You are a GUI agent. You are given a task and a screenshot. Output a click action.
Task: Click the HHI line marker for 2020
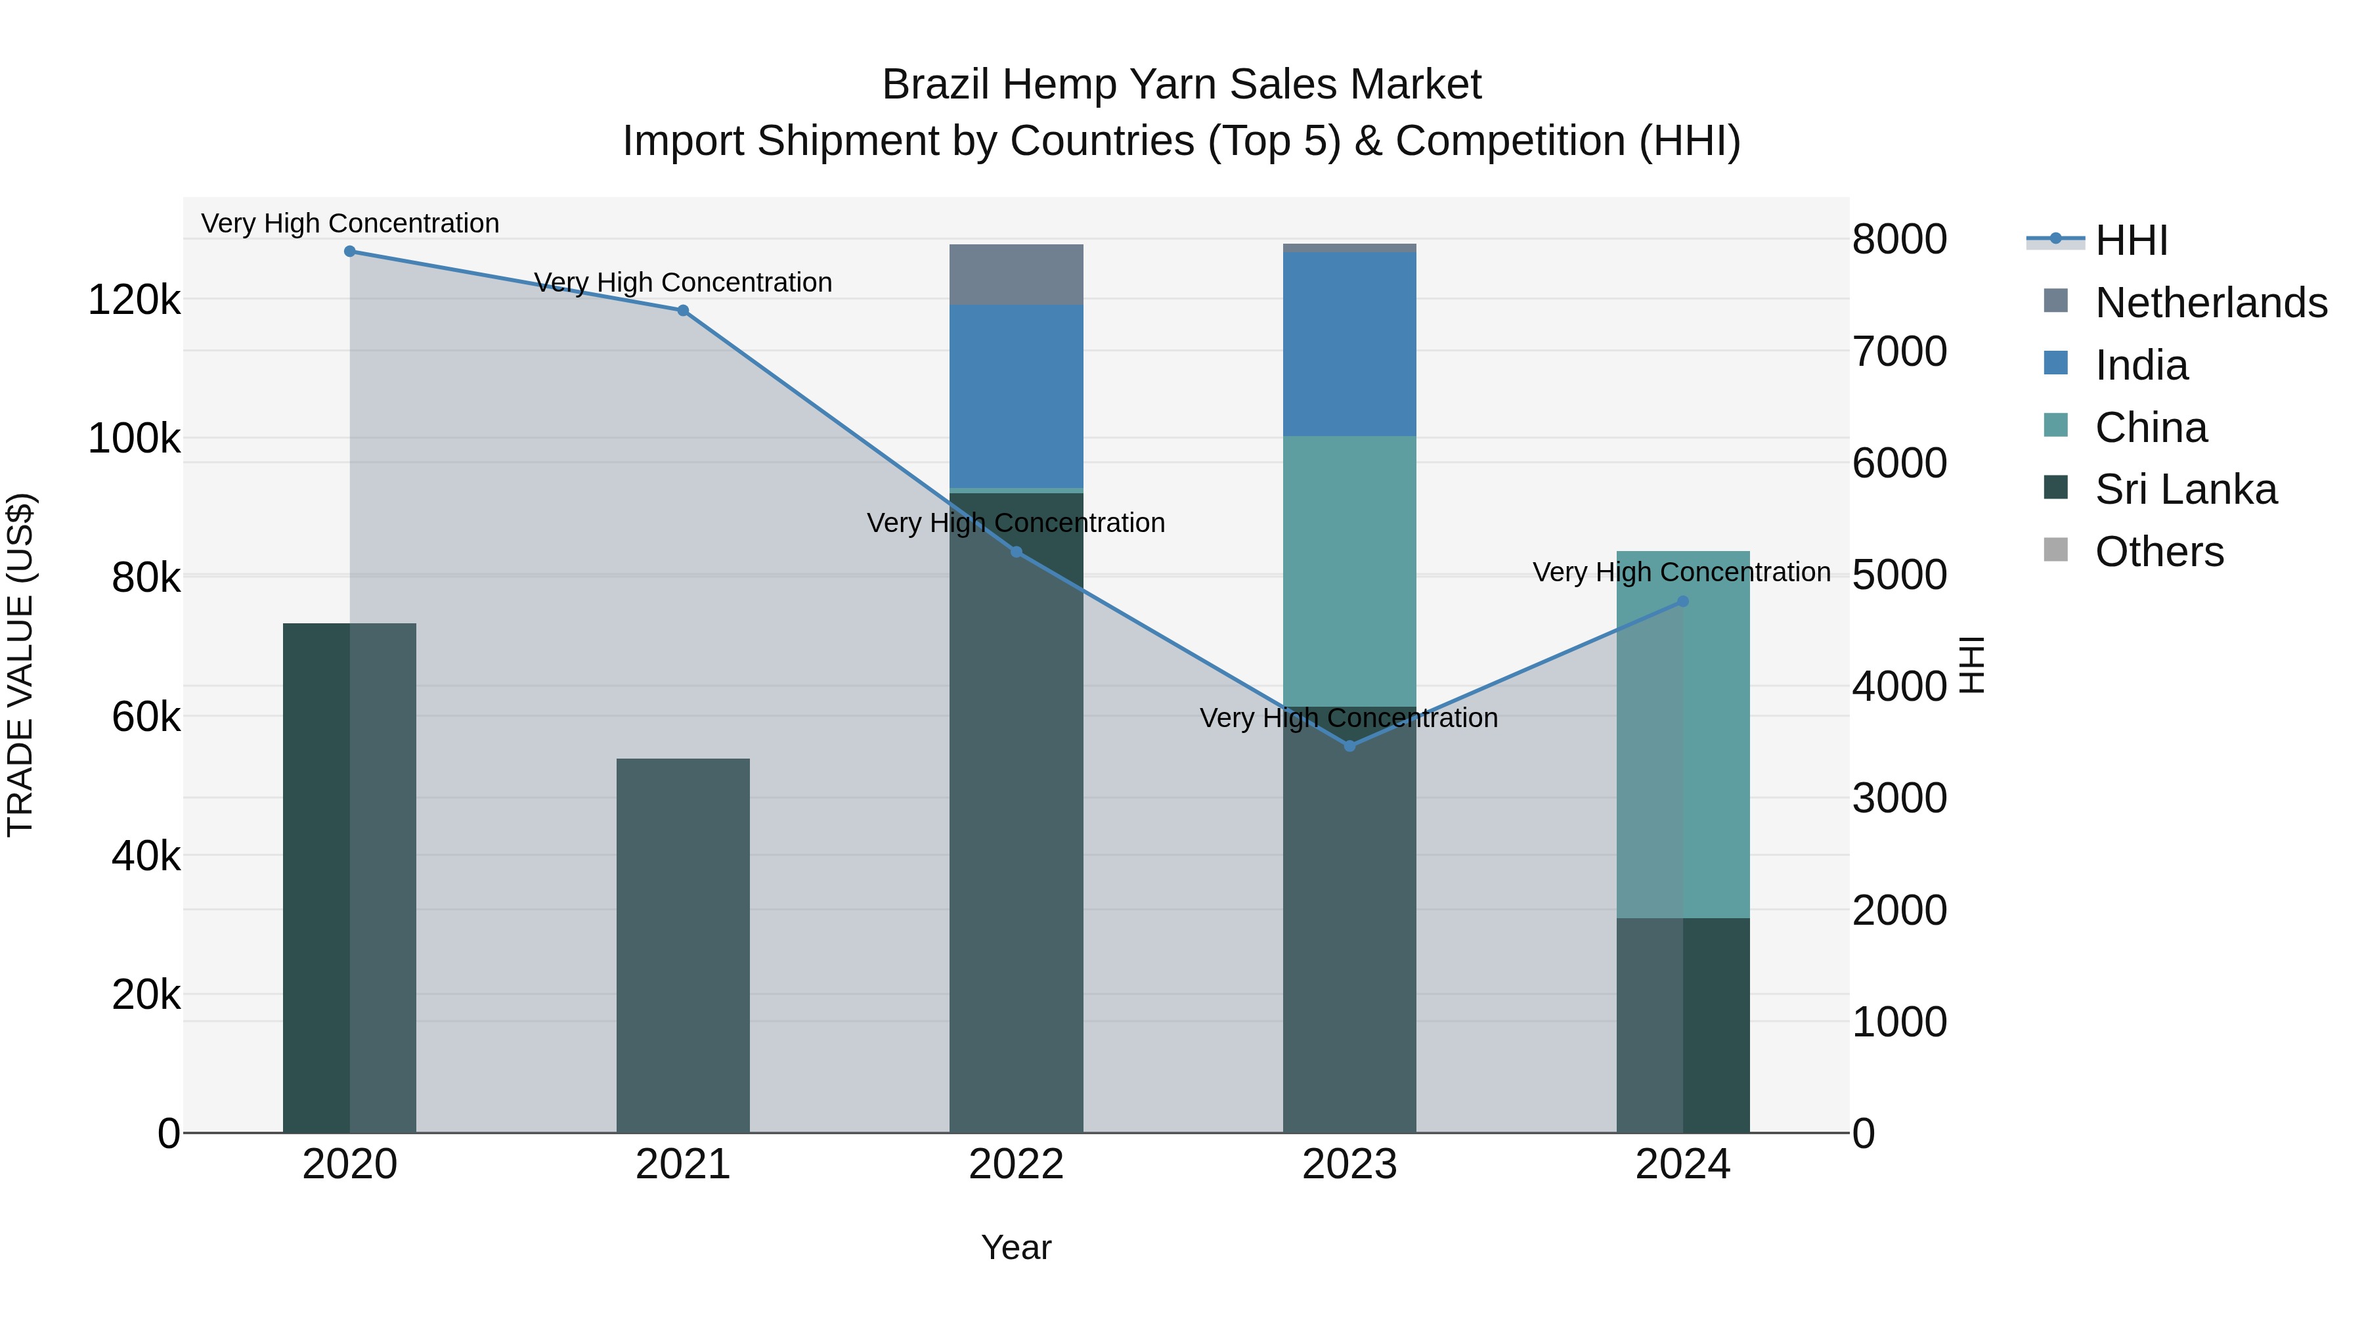coord(349,252)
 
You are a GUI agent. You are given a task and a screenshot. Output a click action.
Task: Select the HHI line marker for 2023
coord(1349,746)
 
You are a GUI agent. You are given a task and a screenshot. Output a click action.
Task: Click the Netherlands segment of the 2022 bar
coord(1016,275)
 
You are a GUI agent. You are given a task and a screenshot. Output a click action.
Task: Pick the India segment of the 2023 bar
coord(1349,344)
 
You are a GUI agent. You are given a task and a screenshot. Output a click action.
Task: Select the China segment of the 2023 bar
coord(1349,571)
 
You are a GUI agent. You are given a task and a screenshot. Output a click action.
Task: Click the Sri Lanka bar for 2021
coord(683,945)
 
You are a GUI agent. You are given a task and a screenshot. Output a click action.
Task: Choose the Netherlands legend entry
coord(2210,303)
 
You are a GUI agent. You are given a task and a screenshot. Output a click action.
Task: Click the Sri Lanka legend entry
coord(2185,489)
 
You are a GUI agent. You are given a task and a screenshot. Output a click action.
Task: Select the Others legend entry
coord(2158,552)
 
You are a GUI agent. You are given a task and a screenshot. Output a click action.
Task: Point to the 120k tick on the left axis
coord(134,300)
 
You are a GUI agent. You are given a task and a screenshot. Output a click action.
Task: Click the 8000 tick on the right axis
coord(1898,240)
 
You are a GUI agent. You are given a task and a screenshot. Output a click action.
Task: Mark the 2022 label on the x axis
coord(1016,1164)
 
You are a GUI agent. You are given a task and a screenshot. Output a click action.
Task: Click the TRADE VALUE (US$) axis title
coord(21,665)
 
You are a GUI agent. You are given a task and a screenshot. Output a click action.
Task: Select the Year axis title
coord(1016,1247)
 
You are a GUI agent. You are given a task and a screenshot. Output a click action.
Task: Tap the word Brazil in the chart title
coord(935,85)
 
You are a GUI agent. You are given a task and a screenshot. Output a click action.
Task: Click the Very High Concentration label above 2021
coord(683,282)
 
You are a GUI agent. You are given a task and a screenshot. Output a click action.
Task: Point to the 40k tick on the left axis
coord(145,856)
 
